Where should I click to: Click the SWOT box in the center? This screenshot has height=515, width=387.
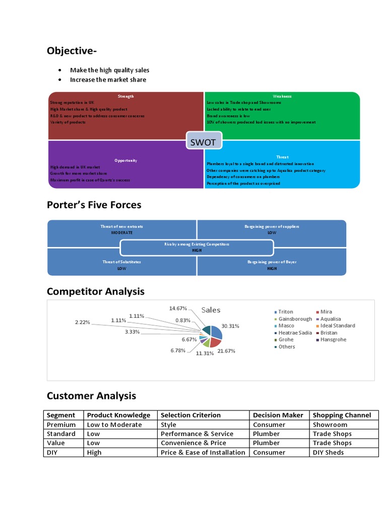click(x=203, y=142)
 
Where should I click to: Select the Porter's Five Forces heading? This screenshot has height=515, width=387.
click(x=94, y=205)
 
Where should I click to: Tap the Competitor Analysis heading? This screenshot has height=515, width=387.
click(x=95, y=291)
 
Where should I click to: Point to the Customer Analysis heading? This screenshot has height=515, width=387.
click(x=91, y=396)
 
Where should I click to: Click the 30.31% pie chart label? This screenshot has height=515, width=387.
click(x=230, y=325)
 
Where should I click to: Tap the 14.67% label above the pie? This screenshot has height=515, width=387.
click(x=178, y=308)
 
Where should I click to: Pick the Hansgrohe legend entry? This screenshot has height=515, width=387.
click(x=333, y=339)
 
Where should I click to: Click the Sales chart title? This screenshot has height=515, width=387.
click(x=211, y=310)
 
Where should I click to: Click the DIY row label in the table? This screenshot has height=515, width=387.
click(x=53, y=452)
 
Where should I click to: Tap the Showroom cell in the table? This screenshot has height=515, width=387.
click(x=330, y=424)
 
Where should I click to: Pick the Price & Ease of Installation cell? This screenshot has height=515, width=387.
click(x=203, y=452)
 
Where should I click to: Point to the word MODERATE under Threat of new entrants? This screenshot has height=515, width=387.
click(x=121, y=233)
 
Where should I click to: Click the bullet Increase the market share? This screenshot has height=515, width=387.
click(x=108, y=79)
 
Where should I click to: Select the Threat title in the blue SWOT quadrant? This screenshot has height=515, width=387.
click(x=282, y=157)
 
